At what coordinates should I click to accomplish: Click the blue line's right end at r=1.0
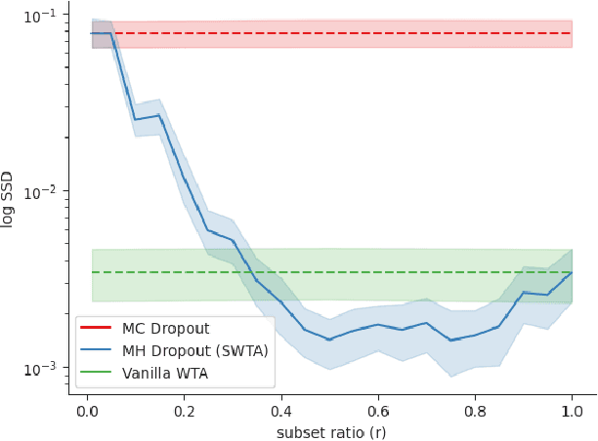coord(572,272)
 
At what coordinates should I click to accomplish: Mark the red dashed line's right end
coord(572,33)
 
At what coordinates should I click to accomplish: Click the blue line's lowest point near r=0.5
coord(329,340)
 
